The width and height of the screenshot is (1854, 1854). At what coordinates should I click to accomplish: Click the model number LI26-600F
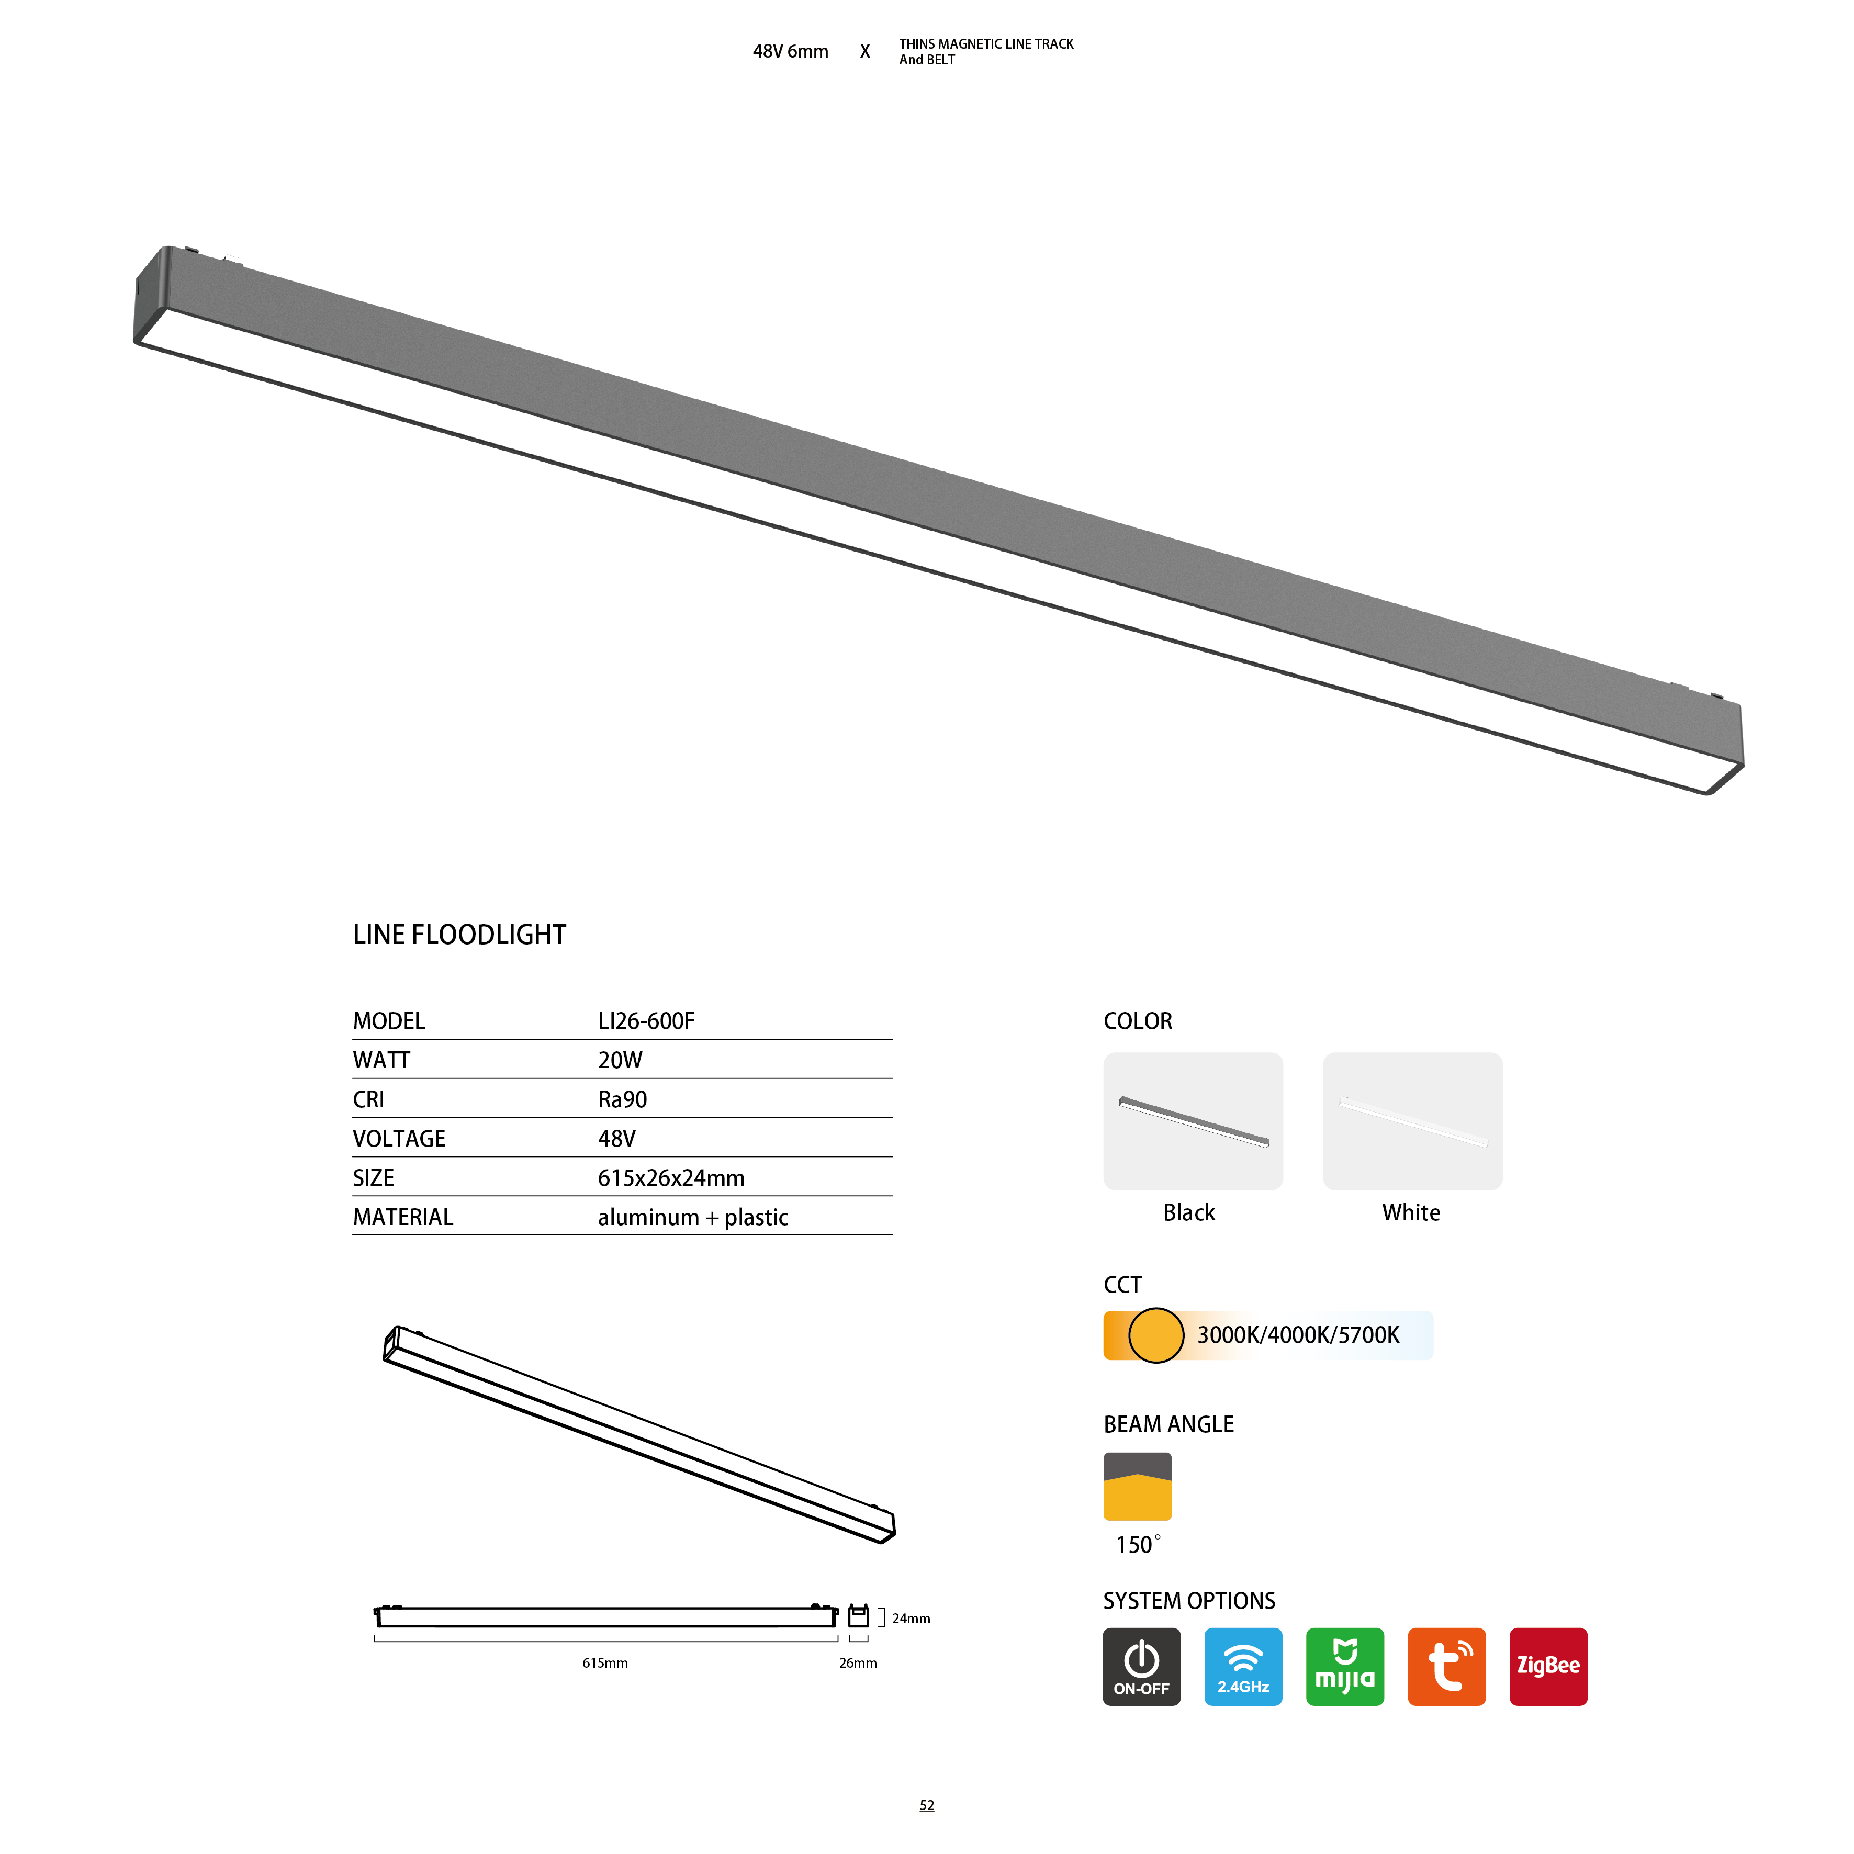point(646,1021)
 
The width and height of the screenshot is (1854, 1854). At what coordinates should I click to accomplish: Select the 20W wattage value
point(620,1060)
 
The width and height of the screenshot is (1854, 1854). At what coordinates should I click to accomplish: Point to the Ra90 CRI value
point(623,1100)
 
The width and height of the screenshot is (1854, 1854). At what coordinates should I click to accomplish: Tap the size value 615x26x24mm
point(671,1178)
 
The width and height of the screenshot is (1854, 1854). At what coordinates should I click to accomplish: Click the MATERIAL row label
point(403,1218)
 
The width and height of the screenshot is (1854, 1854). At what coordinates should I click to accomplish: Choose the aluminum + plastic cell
point(693,1218)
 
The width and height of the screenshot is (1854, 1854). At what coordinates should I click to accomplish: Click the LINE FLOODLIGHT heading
point(459,935)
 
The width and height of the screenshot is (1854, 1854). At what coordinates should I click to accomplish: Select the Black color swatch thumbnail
point(1193,1121)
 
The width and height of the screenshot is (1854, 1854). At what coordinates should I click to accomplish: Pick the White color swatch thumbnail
point(1412,1121)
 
